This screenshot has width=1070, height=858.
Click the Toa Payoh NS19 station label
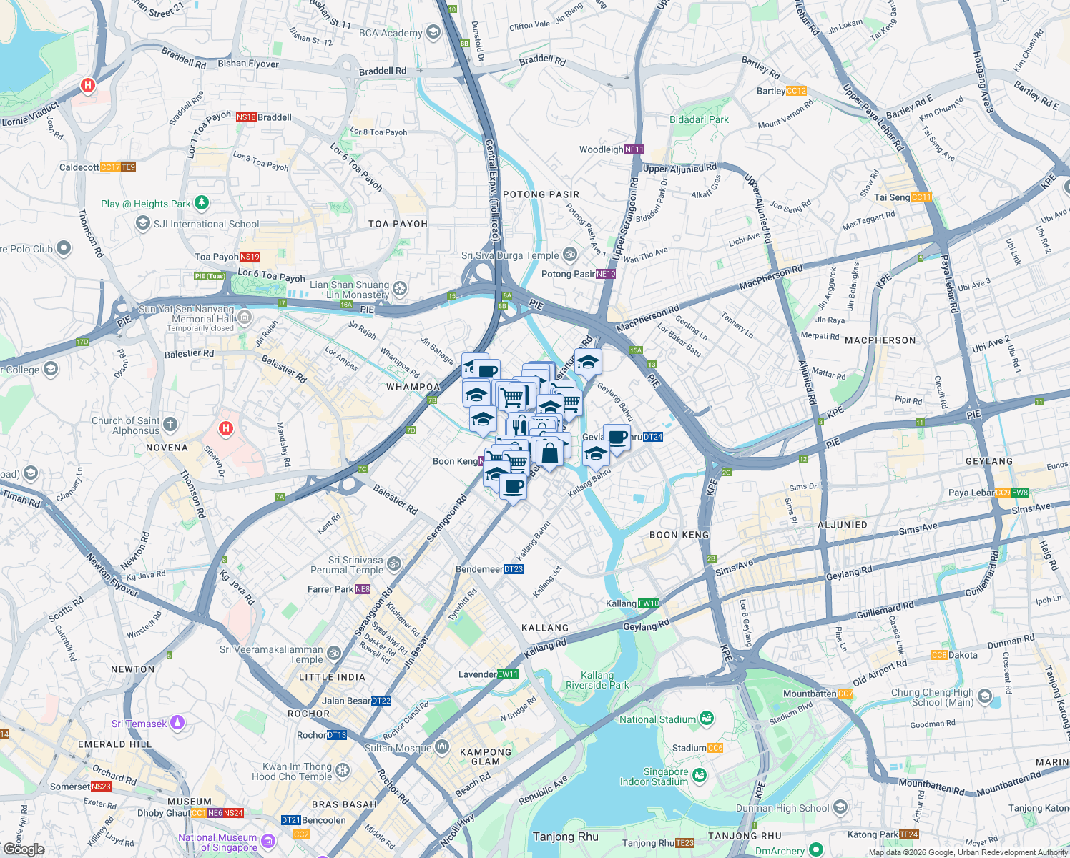click(227, 257)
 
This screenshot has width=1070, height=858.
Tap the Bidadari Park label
click(699, 119)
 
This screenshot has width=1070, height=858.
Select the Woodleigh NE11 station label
click(612, 149)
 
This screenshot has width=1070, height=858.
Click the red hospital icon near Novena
click(226, 429)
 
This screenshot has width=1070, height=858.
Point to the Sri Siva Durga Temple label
click(510, 255)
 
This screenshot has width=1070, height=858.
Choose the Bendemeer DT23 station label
click(489, 569)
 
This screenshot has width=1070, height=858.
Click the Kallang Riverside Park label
click(597, 680)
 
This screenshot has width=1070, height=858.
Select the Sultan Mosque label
click(398, 748)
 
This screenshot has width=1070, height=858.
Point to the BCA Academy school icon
click(433, 32)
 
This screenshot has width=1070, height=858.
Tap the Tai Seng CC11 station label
click(903, 197)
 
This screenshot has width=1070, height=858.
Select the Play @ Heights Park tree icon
click(202, 204)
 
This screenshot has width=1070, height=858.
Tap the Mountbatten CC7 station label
click(818, 694)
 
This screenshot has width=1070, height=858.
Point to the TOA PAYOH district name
click(398, 224)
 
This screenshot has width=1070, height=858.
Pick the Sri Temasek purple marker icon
click(177, 723)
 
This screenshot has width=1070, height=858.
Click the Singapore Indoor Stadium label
click(654, 776)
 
